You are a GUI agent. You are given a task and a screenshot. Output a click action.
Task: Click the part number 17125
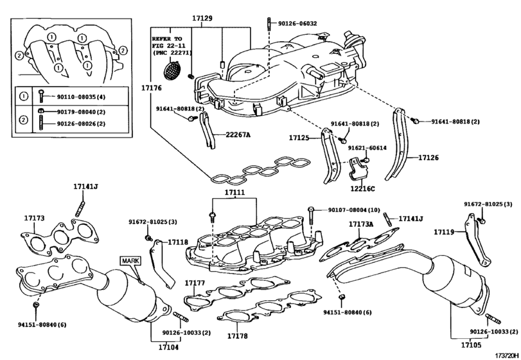pyautogui.click(x=299, y=138)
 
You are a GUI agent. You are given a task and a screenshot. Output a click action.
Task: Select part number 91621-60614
pyautogui.click(x=367, y=148)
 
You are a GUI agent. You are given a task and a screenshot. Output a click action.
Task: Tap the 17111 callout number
pyautogui.click(x=234, y=193)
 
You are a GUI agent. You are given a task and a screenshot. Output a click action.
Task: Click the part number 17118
pyautogui.click(x=178, y=242)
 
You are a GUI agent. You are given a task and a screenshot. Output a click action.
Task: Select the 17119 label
pyautogui.click(x=444, y=231)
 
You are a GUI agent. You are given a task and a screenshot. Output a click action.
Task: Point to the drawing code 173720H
pyautogui.click(x=506, y=355)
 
